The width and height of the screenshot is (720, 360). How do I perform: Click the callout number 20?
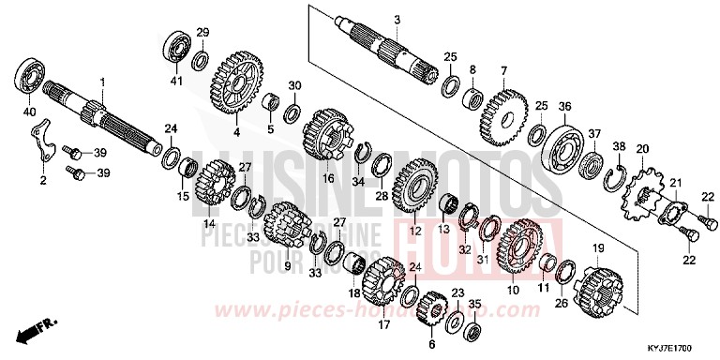click(x=642, y=150)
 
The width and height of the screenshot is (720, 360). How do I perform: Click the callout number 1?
click(x=103, y=82)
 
